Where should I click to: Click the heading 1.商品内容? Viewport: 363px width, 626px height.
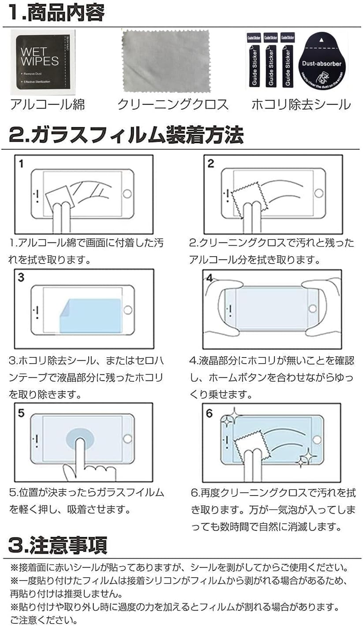[x=56, y=13]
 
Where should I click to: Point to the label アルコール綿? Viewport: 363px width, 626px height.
[x=47, y=104]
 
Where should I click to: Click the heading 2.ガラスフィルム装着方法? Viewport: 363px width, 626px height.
[x=126, y=135]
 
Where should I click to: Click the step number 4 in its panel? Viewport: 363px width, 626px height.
[x=210, y=278]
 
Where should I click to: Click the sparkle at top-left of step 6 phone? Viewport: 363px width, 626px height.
[x=228, y=421]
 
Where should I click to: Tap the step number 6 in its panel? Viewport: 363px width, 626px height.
[x=210, y=414]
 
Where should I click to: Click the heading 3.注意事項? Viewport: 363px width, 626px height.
[x=57, y=545]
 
